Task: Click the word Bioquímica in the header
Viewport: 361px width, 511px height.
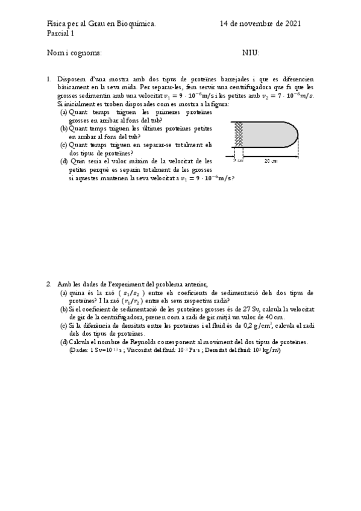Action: click(136, 24)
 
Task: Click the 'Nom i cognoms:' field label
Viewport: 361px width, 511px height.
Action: click(74, 53)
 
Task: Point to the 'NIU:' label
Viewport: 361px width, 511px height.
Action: click(251, 53)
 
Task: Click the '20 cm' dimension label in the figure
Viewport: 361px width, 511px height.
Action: click(271, 161)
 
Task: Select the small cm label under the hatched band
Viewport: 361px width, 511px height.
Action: click(239, 161)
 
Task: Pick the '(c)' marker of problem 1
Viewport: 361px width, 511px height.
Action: click(64, 145)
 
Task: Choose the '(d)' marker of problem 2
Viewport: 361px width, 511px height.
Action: click(64, 342)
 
